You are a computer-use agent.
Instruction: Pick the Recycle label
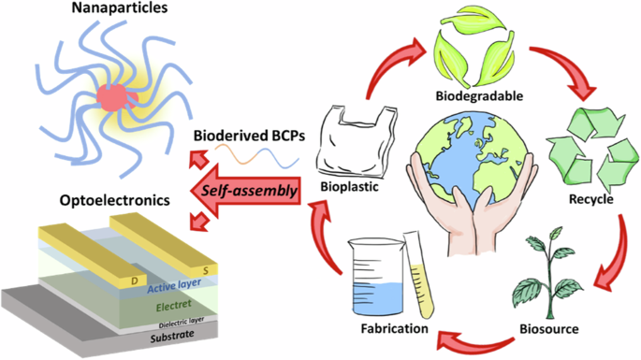click(x=590, y=200)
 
